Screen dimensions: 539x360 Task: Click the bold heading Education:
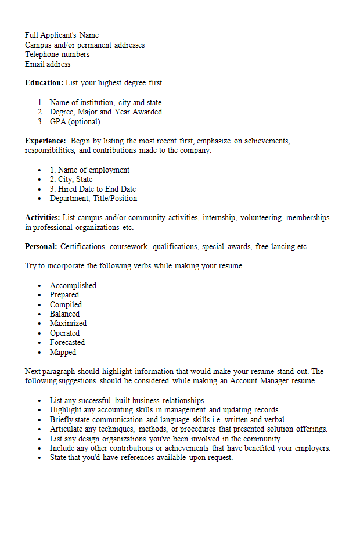[44, 83]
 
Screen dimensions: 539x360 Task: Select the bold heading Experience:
[45, 141]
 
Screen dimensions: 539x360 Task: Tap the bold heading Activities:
[42, 218]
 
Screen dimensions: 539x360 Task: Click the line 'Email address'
[48, 64]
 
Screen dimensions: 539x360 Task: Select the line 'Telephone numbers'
[57, 55]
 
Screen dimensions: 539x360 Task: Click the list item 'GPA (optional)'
[75, 122]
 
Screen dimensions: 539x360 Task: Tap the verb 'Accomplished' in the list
[73, 286]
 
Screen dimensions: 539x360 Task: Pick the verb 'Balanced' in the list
[64, 314]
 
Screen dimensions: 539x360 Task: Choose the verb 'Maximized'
[68, 324]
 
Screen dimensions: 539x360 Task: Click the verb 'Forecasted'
[67, 343]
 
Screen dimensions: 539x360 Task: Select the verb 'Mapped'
[63, 353]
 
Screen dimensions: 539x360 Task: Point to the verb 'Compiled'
[66, 305]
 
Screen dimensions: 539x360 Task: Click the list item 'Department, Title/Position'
[93, 199]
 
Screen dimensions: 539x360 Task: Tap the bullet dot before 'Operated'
[39, 333]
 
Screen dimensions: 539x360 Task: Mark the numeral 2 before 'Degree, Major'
[41, 112]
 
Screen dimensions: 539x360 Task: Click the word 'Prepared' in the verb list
[64, 295]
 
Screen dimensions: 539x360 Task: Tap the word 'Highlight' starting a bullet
[66, 410]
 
